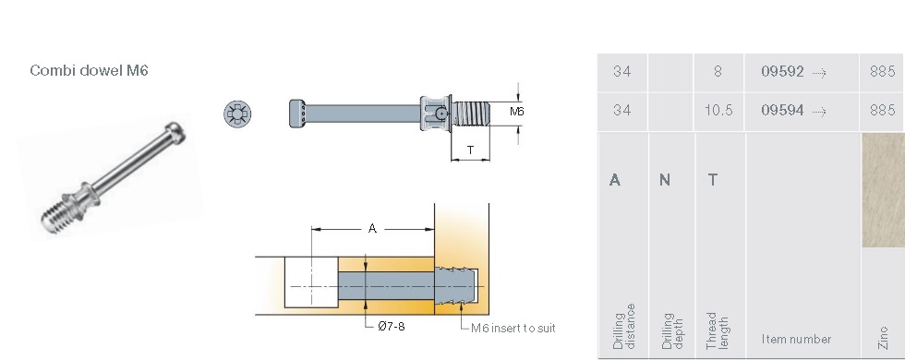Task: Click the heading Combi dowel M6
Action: click(x=89, y=70)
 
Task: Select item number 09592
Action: click(x=782, y=72)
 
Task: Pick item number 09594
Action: click(x=782, y=110)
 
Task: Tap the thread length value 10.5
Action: click(x=718, y=110)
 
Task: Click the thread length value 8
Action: click(x=718, y=72)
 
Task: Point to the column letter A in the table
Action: click(x=615, y=180)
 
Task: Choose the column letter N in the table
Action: click(x=665, y=180)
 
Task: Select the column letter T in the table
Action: click(x=713, y=180)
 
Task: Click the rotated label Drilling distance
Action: click(x=624, y=327)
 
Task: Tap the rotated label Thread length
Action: click(x=718, y=330)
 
